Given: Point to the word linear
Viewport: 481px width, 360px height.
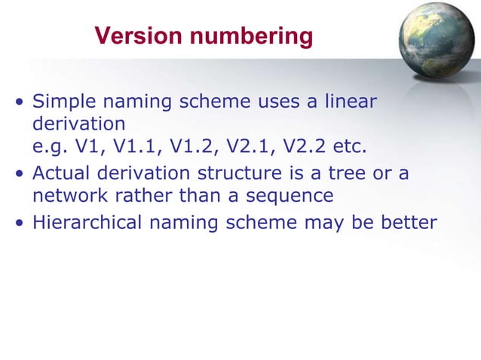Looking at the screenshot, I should (351, 102).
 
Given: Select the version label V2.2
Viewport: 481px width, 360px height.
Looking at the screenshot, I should (295, 144).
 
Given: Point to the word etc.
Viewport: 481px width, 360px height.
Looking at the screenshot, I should (348, 144).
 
